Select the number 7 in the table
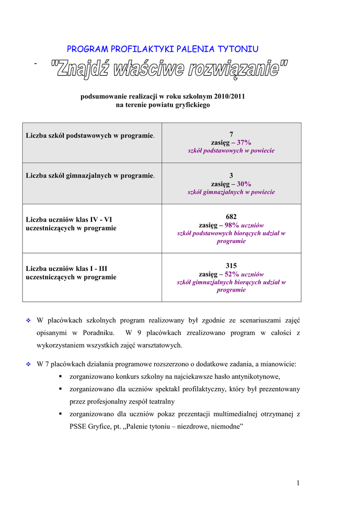click(x=231, y=134)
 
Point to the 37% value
click(x=244, y=142)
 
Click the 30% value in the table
click(x=244, y=183)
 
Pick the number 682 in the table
click(x=231, y=216)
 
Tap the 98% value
click(x=232, y=225)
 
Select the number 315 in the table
click(x=231, y=265)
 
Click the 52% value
click(x=232, y=274)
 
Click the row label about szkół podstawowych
click(x=90, y=135)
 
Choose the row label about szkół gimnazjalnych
click(x=90, y=175)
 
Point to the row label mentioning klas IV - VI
click(x=71, y=223)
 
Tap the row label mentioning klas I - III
click(x=71, y=272)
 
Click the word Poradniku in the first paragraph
click(x=98, y=333)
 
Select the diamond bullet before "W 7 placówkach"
click(x=28, y=364)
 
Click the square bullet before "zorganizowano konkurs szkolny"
click(x=60, y=376)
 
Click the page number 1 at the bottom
click(x=298, y=483)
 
